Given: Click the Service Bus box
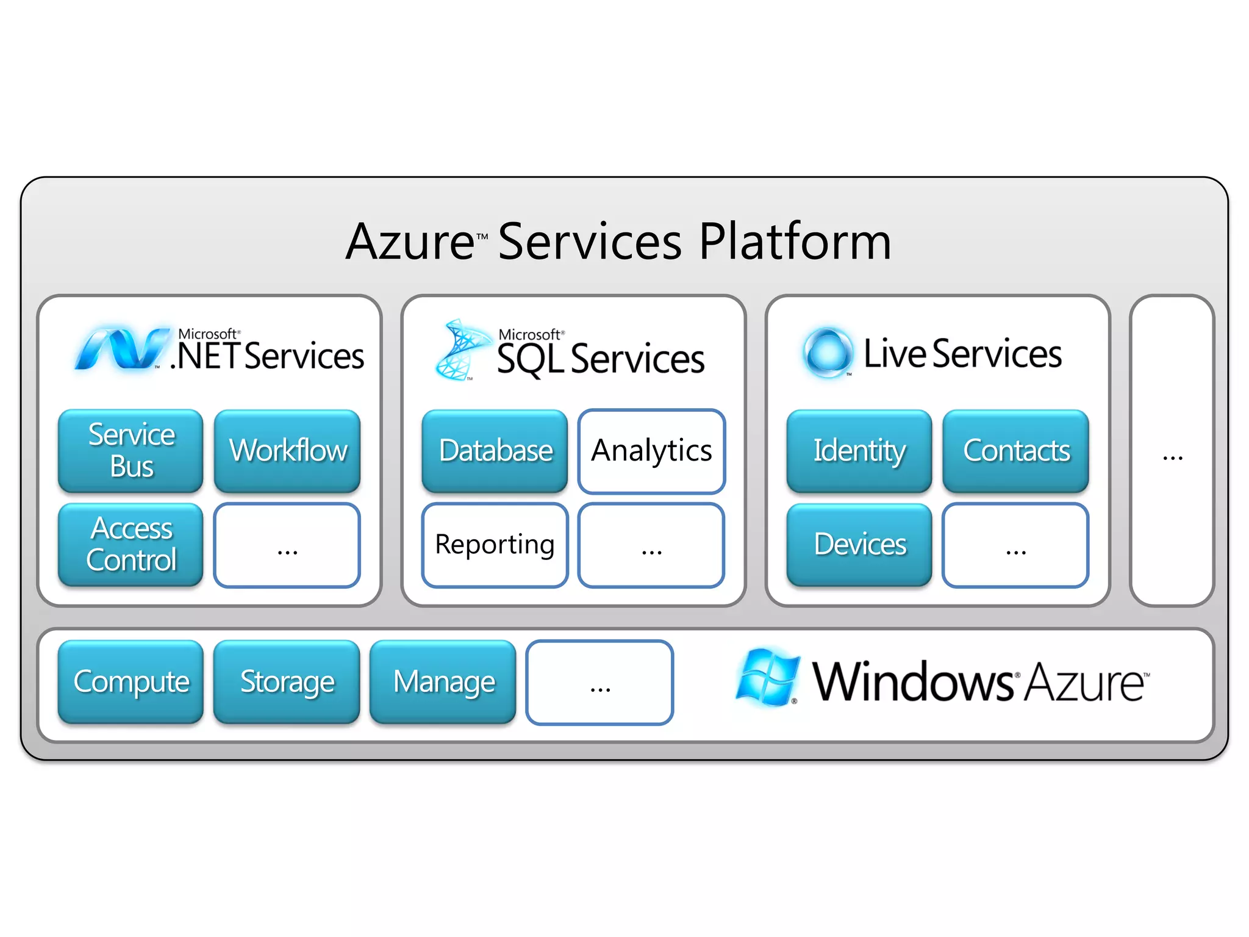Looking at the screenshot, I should pos(131,450).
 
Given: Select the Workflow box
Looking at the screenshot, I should pos(287,450).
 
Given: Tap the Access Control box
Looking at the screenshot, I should pos(131,544).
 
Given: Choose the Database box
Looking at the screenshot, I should pos(495,450).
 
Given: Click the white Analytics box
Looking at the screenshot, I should pos(651,451).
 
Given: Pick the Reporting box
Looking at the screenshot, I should pos(495,545).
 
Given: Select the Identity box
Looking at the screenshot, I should pos(859,450).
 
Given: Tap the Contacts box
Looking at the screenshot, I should pos(1015,450).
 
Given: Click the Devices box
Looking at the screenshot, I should pos(859,544).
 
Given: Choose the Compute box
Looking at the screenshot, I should pos(131,681).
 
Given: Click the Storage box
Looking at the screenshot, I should pos(287,681).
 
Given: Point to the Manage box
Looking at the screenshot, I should pos(443,681).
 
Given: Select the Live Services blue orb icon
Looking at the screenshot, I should pos(827,352).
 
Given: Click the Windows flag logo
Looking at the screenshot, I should pos(767,677).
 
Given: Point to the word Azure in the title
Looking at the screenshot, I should pos(410,242).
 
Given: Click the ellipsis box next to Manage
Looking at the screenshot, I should pos(599,683).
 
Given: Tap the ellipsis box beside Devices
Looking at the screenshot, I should pos(1015,545).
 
